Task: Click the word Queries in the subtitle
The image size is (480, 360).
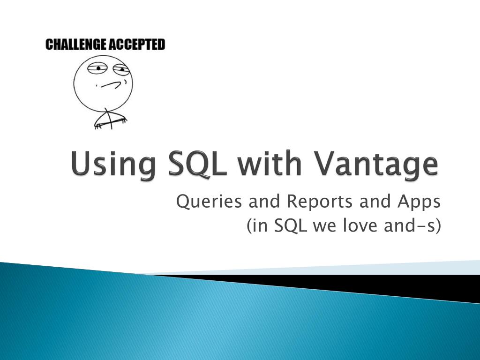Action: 205,202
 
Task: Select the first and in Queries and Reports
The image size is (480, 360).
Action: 261,202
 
